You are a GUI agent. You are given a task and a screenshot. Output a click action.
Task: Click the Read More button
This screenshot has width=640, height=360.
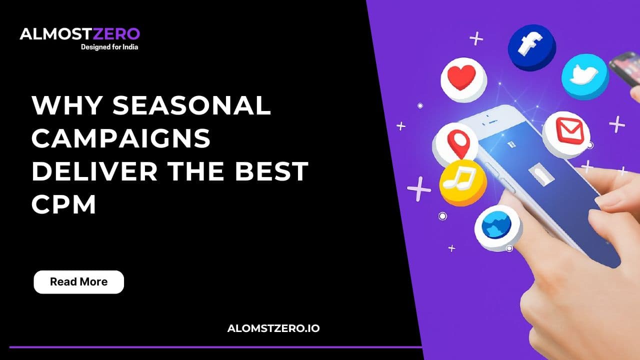click(x=78, y=282)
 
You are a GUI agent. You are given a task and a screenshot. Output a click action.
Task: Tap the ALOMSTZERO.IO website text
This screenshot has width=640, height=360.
click(x=273, y=328)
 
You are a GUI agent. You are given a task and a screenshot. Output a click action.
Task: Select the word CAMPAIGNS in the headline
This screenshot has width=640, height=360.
click(x=121, y=138)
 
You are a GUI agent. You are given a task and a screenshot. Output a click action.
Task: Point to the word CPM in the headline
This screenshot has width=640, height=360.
click(x=63, y=204)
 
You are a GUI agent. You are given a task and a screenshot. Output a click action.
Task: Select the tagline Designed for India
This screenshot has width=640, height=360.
click(x=109, y=47)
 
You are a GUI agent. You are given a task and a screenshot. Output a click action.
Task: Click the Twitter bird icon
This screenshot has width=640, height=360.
click(x=584, y=76)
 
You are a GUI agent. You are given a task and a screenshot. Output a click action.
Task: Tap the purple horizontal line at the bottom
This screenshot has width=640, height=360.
click(x=215, y=346)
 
